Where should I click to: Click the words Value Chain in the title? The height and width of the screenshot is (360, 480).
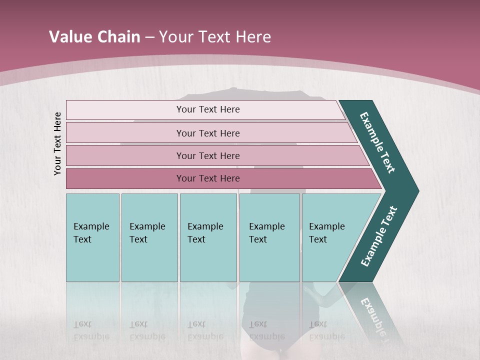point(94,37)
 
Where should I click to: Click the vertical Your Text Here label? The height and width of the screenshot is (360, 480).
point(57,143)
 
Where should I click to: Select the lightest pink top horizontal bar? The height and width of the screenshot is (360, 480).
point(125,110)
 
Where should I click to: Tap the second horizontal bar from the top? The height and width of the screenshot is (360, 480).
point(125,133)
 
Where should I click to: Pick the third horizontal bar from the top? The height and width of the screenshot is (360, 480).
point(125,155)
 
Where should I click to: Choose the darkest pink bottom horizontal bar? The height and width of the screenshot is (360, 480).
point(125,178)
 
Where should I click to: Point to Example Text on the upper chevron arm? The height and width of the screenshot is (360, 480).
point(377,142)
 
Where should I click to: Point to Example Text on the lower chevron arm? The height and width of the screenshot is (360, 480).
point(378,236)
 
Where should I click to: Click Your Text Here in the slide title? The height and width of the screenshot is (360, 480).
point(215,37)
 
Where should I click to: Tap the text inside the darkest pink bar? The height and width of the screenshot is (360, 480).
point(208,178)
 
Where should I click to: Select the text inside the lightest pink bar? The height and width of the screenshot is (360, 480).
point(208,109)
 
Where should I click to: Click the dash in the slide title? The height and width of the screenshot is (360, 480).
point(149,37)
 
